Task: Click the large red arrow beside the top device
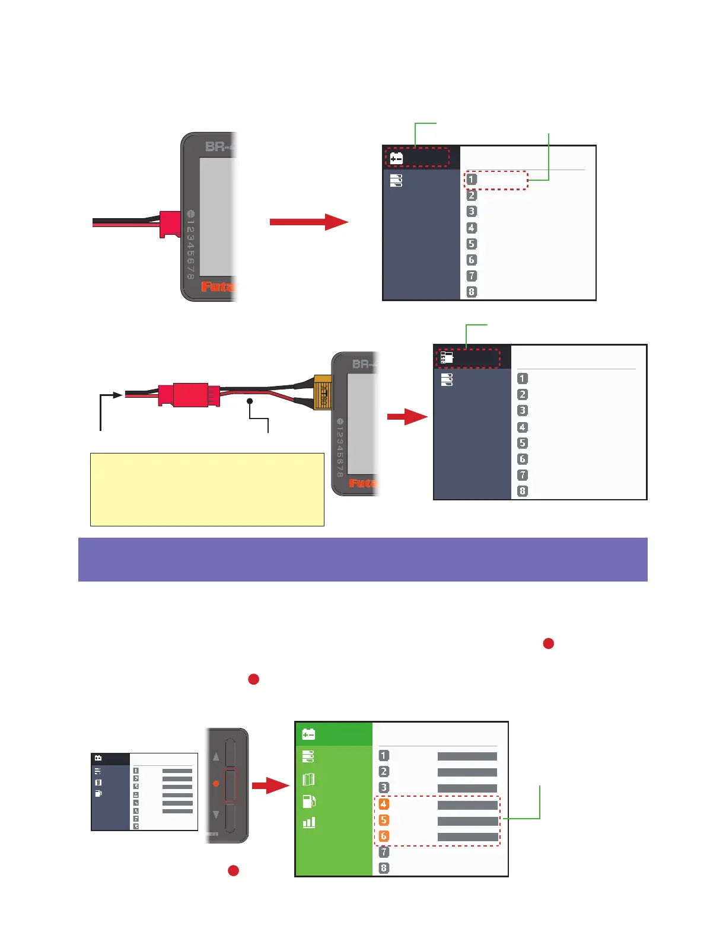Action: pyautogui.click(x=308, y=222)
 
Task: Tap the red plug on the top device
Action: pyautogui.click(x=170, y=224)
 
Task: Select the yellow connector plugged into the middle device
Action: pyautogui.click(x=323, y=392)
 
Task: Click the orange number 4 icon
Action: pyautogui.click(x=384, y=804)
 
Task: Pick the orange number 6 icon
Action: pyautogui.click(x=384, y=836)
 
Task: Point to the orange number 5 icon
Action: pyautogui.click(x=384, y=820)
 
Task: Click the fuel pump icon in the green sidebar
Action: pyautogui.click(x=308, y=801)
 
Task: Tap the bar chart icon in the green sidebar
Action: pyautogui.click(x=308, y=822)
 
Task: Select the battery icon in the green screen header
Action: pyautogui.click(x=308, y=734)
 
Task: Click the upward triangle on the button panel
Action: pyautogui.click(x=216, y=756)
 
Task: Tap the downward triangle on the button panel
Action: pyautogui.click(x=216, y=815)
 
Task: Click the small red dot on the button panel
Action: pyautogui.click(x=216, y=784)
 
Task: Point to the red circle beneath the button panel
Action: pyautogui.click(x=234, y=870)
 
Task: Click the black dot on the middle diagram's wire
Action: pyautogui.click(x=250, y=401)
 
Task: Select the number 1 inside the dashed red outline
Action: pyautogui.click(x=472, y=179)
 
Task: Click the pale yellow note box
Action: pyautogui.click(x=207, y=490)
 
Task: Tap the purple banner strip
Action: pyautogui.click(x=362, y=559)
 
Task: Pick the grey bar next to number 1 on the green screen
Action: pyautogui.click(x=467, y=756)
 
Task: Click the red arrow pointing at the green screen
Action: pyautogui.click(x=270, y=786)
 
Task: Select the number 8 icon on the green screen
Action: pyautogui.click(x=384, y=868)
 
